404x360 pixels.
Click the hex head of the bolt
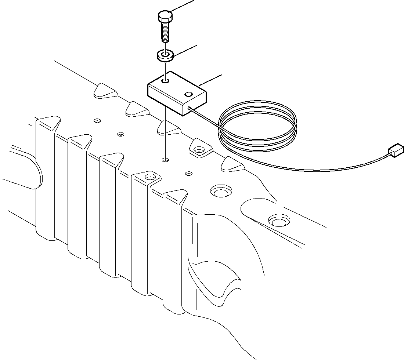coord(165,16)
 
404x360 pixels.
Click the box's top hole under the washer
coord(166,80)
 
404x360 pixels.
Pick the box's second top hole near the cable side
coord(189,95)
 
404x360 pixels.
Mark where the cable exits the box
coord(188,108)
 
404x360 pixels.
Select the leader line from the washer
coord(185,50)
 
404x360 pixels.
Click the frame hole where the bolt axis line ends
coord(166,160)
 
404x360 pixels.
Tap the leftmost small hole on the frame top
coord(97,120)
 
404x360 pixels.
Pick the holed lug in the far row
coord(199,149)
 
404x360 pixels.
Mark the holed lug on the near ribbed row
coord(149,177)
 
